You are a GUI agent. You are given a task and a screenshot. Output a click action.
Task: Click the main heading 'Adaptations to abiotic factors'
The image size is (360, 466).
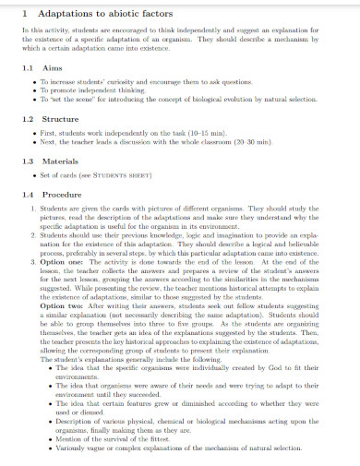tap(99, 13)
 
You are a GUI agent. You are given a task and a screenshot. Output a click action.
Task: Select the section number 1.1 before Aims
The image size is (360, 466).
tap(28, 69)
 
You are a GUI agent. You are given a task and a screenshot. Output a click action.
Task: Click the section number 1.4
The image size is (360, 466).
tap(28, 195)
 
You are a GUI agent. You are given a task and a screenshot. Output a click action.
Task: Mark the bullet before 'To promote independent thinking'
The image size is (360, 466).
tap(34, 91)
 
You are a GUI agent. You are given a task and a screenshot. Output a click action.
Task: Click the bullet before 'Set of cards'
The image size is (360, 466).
tap(34, 175)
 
